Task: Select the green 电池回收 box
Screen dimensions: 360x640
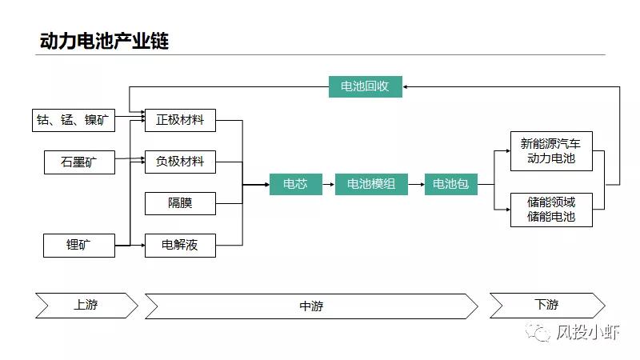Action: pyautogui.click(x=365, y=86)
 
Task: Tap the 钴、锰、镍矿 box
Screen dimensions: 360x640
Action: pyautogui.click(x=74, y=121)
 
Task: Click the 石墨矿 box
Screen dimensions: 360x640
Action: pyautogui.click(x=79, y=162)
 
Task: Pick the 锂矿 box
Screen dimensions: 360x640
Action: pyautogui.click(x=79, y=245)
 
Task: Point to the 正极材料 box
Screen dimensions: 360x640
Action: pyautogui.click(x=180, y=121)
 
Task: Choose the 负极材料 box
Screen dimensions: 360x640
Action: pyautogui.click(x=180, y=162)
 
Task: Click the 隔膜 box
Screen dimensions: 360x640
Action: pyautogui.click(x=180, y=203)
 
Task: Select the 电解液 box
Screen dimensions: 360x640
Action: pyautogui.click(x=180, y=245)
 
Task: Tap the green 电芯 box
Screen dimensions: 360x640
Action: pyautogui.click(x=295, y=184)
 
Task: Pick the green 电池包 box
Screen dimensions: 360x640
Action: pyautogui.click(x=450, y=184)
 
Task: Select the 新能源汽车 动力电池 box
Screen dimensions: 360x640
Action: pyautogui.click(x=551, y=151)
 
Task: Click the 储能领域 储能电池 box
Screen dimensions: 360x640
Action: pyautogui.click(x=551, y=209)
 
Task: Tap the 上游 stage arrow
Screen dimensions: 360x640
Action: pyautogui.click(x=86, y=305)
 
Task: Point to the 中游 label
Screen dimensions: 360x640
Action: pyautogui.click(x=311, y=306)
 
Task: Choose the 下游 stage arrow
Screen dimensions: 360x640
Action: pyautogui.click(x=546, y=305)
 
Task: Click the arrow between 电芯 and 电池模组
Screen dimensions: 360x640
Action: pyautogui.click(x=327, y=184)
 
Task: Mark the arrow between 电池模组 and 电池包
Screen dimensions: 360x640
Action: pyautogui.click(x=414, y=184)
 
